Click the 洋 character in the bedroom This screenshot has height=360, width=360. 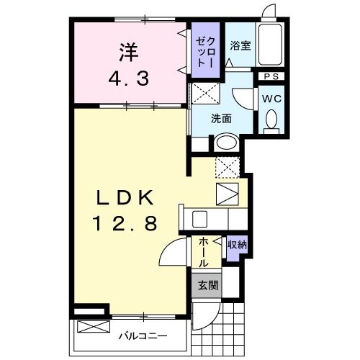coord(128,51)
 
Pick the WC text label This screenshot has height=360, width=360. coord(271,97)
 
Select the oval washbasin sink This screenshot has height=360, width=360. coord(226,143)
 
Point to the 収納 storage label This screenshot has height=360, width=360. coord(237,245)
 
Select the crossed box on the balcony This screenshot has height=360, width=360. coord(91,326)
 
